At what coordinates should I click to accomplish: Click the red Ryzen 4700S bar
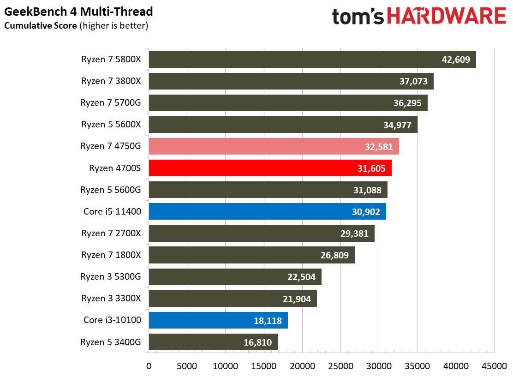[x=270, y=168]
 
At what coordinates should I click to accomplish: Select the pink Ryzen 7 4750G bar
[x=274, y=146]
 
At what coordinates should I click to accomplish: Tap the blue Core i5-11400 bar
[x=267, y=211]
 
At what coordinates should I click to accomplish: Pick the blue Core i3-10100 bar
[x=218, y=320]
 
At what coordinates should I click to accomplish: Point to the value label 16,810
[x=257, y=342]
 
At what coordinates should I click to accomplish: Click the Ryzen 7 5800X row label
[x=111, y=59]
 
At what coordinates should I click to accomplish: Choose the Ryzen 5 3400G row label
[x=111, y=342]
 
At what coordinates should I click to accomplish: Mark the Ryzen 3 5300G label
[x=111, y=276]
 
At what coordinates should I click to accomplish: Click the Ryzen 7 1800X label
[x=111, y=255]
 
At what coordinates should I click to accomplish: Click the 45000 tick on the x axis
[x=494, y=366]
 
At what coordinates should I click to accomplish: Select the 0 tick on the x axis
[x=149, y=366]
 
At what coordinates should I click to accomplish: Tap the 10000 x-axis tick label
[x=225, y=366]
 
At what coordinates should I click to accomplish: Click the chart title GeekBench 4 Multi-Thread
[x=78, y=11]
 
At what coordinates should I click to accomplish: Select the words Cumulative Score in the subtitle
[x=41, y=26]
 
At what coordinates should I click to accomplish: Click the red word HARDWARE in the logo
[x=447, y=17]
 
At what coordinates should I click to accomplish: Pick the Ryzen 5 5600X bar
[x=283, y=125]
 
